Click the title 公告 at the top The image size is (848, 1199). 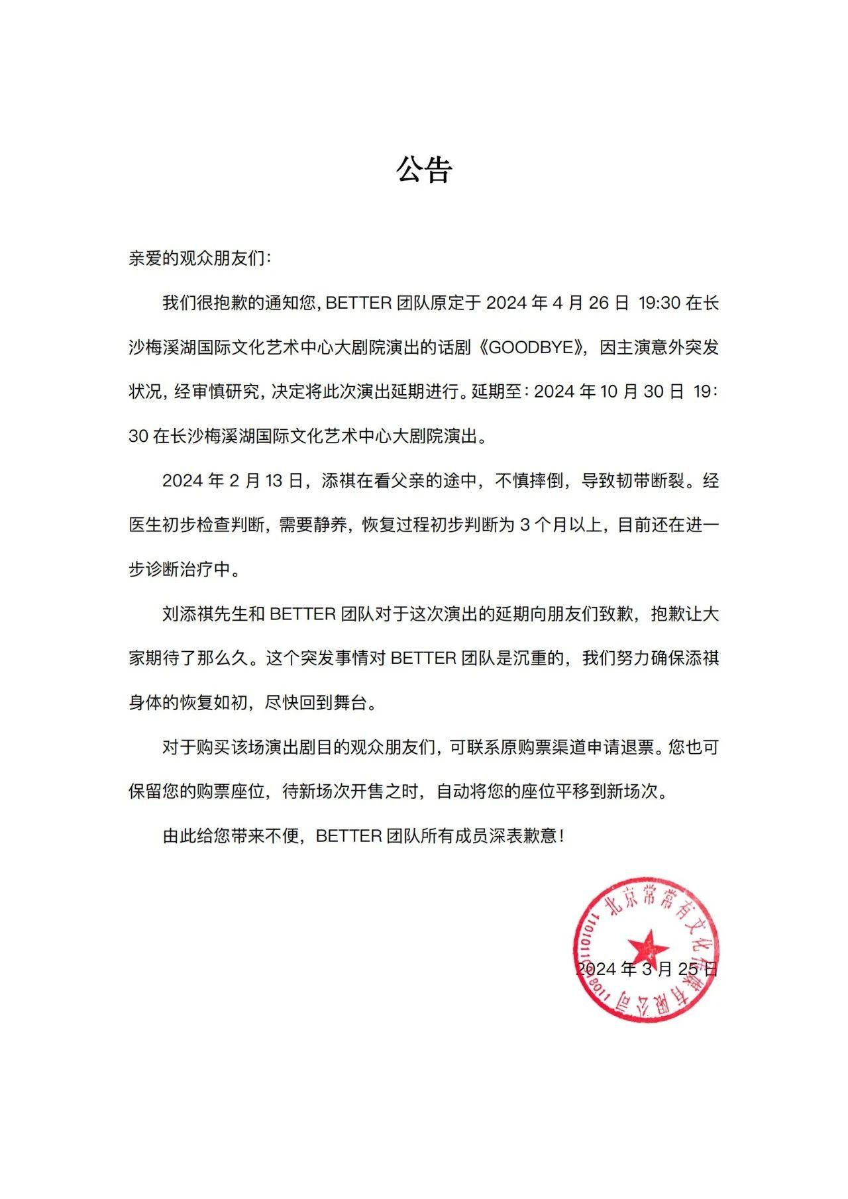click(424, 170)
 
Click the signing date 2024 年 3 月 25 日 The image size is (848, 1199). click(647, 969)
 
